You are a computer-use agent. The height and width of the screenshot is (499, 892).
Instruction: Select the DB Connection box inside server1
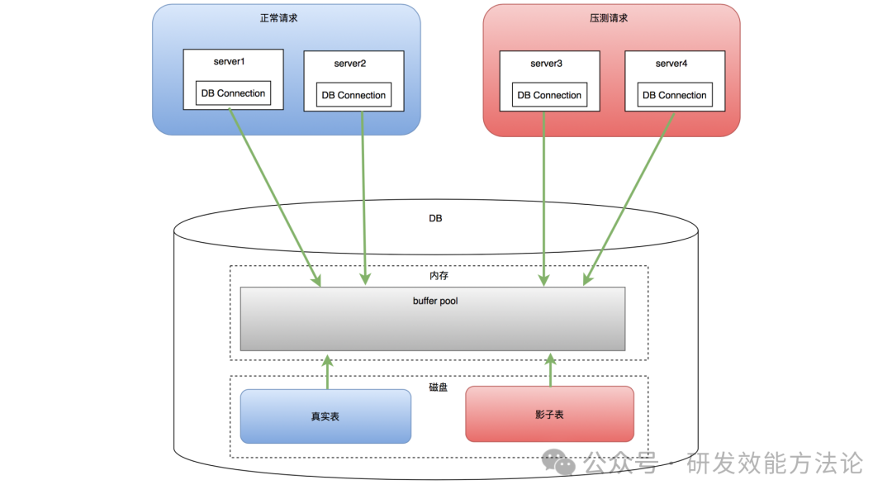(233, 93)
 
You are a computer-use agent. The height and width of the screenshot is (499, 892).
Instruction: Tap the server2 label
(350, 64)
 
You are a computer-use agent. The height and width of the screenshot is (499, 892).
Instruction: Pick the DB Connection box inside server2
(353, 95)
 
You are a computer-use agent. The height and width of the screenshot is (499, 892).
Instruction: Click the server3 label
(546, 64)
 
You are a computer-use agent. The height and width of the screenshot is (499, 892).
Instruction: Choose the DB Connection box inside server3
(549, 95)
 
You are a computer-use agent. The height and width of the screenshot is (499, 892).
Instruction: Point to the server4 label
(671, 64)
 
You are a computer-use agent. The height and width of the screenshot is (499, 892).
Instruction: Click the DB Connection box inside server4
(675, 95)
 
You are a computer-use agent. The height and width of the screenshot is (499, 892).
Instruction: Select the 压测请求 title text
(610, 17)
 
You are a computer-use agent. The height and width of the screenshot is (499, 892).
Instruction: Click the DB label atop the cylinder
(435, 219)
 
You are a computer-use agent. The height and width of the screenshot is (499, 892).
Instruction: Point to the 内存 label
(439, 275)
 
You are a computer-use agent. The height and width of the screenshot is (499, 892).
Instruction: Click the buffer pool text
(435, 302)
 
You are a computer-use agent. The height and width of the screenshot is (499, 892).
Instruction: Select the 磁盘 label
(439, 387)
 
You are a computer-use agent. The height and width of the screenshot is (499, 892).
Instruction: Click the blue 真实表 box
(325, 416)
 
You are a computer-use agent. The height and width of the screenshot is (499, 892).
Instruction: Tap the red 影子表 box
(549, 414)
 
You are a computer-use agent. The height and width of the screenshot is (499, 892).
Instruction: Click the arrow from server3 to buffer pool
(543, 198)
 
